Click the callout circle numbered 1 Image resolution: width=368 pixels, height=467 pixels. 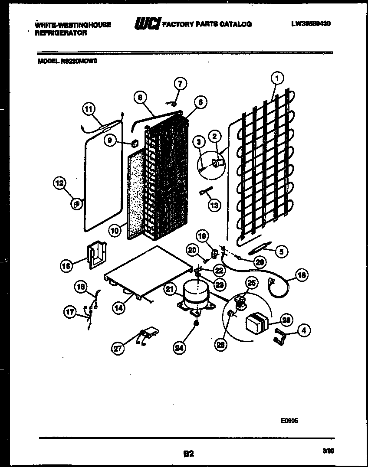(277, 78)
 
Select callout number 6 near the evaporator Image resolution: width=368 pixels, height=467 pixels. (200, 102)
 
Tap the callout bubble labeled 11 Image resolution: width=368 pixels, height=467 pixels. (89, 110)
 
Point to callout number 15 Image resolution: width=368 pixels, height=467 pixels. (67, 265)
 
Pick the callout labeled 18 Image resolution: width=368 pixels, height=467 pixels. (300, 274)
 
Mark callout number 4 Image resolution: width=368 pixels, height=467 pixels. (304, 330)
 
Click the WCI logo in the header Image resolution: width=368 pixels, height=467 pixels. (148, 24)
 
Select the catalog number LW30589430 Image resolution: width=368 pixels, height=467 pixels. (311, 24)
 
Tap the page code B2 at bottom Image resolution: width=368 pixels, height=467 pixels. (188, 454)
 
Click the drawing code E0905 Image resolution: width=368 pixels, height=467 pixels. (289, 420)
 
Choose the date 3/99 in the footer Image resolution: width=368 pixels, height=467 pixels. (329, 451)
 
